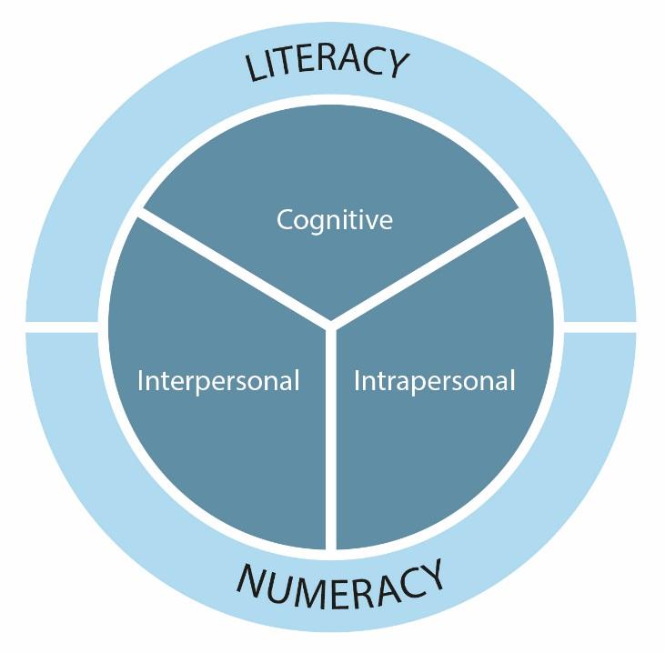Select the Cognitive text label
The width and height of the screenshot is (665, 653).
[335, 220]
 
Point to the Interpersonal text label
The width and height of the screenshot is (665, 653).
[218, 380]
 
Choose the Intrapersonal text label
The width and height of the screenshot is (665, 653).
[434, 380]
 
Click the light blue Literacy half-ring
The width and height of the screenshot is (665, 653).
[109, 182]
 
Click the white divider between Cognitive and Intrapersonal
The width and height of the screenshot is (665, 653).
[428, 269]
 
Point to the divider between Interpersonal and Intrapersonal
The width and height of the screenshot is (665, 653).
[331, 437]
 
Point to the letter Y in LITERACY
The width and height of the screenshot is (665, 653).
[398, 66]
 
